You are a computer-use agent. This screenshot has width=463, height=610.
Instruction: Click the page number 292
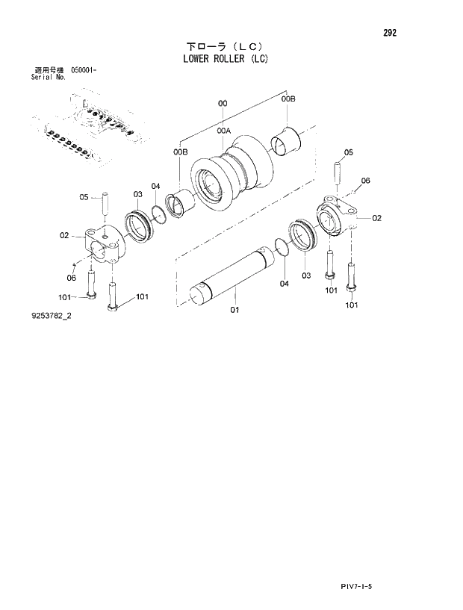coord(390,33)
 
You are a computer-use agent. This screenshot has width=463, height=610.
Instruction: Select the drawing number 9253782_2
coord(52,316)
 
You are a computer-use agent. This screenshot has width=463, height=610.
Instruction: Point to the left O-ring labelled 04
coord(159,215)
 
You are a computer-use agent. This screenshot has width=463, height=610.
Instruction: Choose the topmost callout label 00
coord(222,103)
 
